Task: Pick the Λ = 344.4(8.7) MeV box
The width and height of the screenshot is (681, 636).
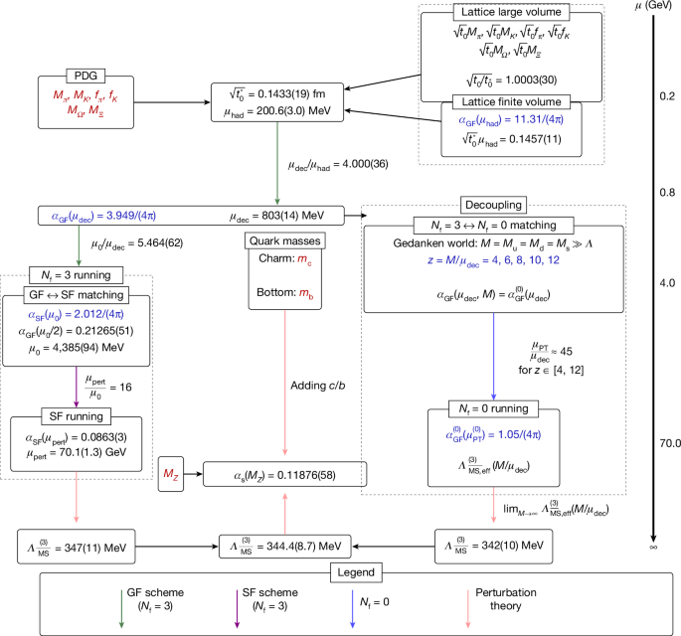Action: [286, 548]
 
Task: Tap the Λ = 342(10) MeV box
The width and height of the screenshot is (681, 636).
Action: [492, 548]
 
